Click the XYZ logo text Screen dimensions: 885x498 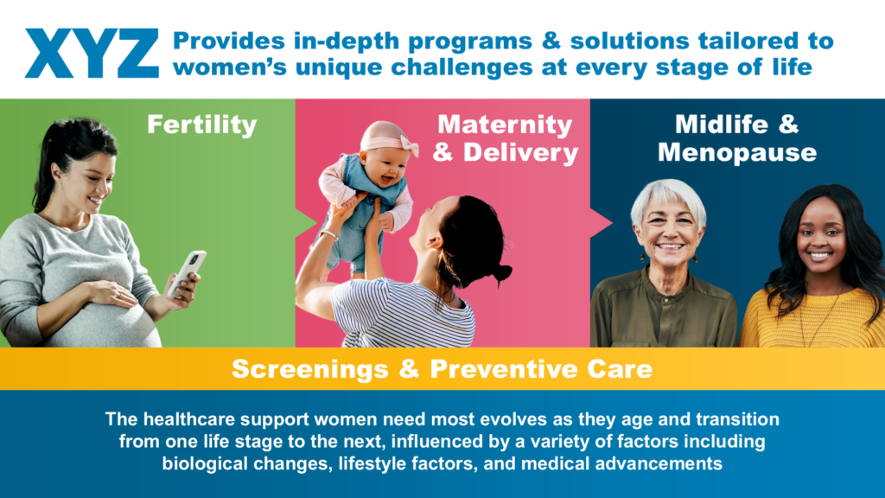92,54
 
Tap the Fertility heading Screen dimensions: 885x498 202,124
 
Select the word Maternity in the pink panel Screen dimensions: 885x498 505,124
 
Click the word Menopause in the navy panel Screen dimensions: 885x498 737,152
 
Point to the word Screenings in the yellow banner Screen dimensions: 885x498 310,369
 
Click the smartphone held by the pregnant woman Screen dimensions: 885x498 187,274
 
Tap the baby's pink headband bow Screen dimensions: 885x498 409,145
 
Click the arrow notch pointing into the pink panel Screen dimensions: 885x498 305,224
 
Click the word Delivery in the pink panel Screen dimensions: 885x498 520,152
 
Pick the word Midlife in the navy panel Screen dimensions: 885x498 722,124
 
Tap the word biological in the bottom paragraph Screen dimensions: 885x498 206,463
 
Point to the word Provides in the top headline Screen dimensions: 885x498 228,41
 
